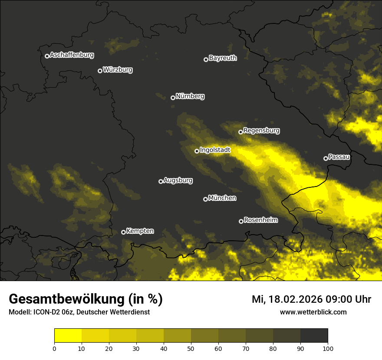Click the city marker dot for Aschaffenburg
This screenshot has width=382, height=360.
pos(47,56)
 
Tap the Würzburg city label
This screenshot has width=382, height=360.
pos(118,70)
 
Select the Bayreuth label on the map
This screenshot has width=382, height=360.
pos(223,58)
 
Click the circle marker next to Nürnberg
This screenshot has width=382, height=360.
pos(173,98)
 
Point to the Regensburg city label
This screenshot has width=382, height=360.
pos(261,131)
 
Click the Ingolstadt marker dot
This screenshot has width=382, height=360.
pos(197,151)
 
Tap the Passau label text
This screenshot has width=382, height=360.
pos(339,157)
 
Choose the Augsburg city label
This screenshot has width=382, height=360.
pos(178,180)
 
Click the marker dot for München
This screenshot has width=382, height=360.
pos(205,199)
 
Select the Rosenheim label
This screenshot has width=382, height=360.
pos(260,220)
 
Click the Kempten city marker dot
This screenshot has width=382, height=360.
pos(123,232)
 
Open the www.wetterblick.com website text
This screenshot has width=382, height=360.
pos(313,312)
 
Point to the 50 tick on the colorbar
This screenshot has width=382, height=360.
pos(191,348)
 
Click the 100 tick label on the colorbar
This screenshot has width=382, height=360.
pos(328,348)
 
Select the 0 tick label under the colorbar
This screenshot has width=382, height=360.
pos(54,348)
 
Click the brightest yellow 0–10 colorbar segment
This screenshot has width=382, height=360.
pos(68,335)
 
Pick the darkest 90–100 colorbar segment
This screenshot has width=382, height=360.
pos(314,335)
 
